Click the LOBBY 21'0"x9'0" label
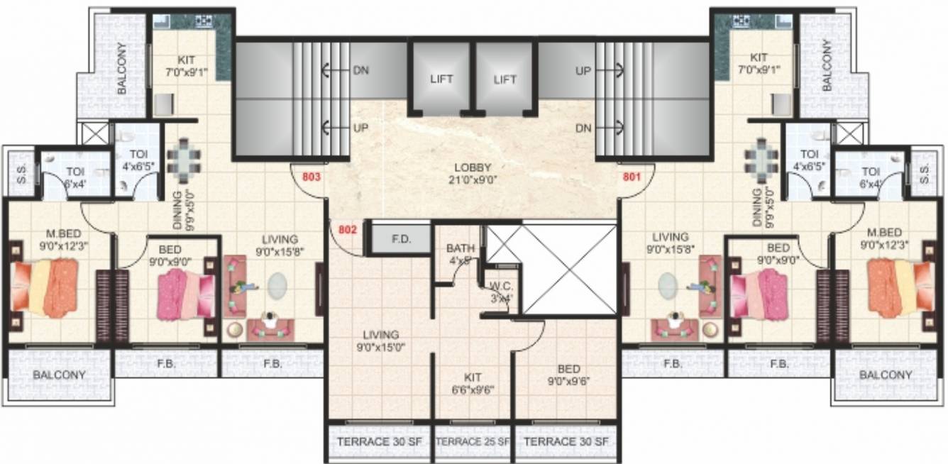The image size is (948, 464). pos(474,174)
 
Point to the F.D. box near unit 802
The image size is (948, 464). pos(402,239)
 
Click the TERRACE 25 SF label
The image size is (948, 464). pos(473,441)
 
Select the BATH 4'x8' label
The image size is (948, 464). pos(460,254)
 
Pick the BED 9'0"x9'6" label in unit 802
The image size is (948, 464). pos(568,374)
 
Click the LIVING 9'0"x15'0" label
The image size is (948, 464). pos(380,340)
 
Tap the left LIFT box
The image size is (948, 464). pos(441,79)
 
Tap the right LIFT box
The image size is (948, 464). pos(505,79)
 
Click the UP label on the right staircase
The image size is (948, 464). pos(583,70)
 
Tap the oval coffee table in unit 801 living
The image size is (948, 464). pos(668,287)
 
